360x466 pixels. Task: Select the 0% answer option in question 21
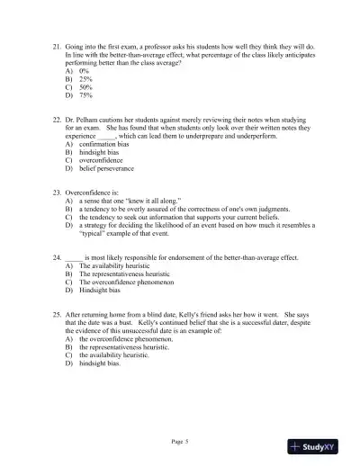click(84, 70)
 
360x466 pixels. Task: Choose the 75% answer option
click(85, 95)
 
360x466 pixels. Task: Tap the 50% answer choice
click(85, 87)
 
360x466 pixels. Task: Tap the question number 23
click(57, 193)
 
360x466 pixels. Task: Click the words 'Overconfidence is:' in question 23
click(92, 193)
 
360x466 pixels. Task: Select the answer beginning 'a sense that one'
click(130, 202)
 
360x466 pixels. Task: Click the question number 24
click(57, 256)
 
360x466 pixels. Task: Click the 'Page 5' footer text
click(181, 442)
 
